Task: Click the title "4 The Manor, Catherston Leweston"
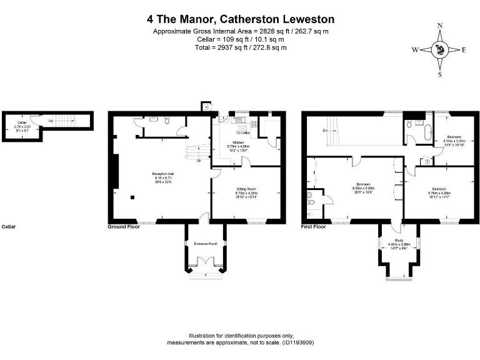coord(240,20)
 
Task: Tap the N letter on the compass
coord(440,26)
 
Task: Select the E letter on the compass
coord(464,50)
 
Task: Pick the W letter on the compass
coord(415,50)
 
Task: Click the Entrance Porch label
coord(206,243)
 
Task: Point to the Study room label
coord(399,240)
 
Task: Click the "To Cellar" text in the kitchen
coord(242,133)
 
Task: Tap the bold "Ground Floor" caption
coord(124,227)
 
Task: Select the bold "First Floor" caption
coord(314,227)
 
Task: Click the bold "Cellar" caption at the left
coord(9,227)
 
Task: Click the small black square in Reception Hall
coord(132,199)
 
